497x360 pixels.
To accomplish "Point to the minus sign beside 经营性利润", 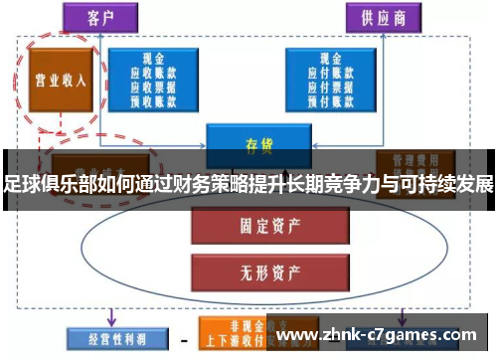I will pyautogui.click(x=183, y=338).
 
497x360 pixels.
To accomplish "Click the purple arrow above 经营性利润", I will pyautogui.click(x=110, y=313).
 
